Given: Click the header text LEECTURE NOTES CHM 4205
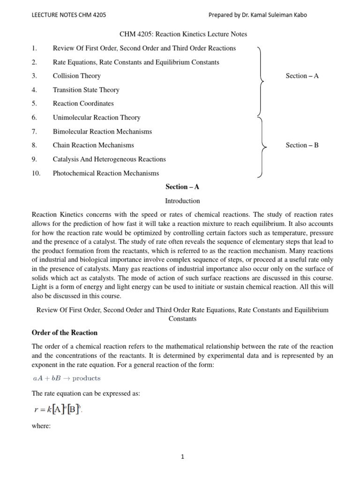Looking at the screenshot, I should tap(68, 15).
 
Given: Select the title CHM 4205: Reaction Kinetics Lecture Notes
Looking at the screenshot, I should tap(182, 34).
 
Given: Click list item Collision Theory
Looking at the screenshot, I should tap(76, 76).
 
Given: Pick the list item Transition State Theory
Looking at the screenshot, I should tap(86, 90).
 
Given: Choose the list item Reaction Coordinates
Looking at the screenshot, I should tap(83, 104).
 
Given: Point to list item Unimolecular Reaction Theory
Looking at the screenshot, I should tap(96, 118).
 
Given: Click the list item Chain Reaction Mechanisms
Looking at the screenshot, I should tap(93, 145).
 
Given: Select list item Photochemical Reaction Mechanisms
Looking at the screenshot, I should tap(105, 173).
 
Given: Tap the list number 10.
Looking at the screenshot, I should tap(36, 173).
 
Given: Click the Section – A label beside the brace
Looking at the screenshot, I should tap(302, 76).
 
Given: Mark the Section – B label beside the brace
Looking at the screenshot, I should tap(302, 145).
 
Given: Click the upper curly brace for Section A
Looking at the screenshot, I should tap(260, 81).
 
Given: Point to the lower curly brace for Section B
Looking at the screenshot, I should tap(260, 147).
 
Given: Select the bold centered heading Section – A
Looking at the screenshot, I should tap(182, 187).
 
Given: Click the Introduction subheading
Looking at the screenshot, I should tap(182, 201).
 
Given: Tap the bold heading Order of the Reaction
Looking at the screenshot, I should tap(64, 333).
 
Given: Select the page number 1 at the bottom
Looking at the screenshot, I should tap(182, 457).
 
